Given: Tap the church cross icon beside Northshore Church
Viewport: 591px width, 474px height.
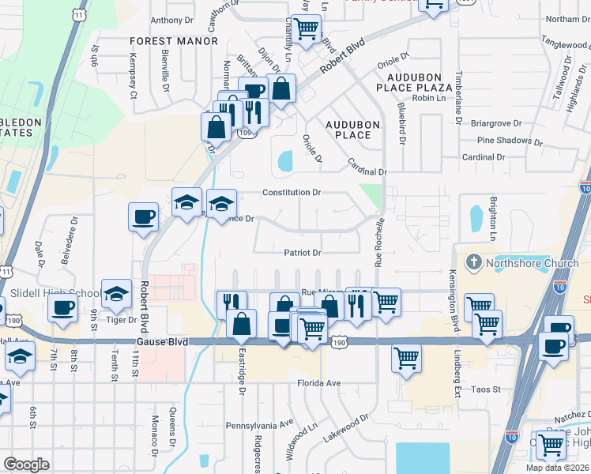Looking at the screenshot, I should tap(473, 261).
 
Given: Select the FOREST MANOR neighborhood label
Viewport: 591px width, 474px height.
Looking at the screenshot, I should tap(174, 41).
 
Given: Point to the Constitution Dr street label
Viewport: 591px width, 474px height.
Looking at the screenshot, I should tap(292, 193).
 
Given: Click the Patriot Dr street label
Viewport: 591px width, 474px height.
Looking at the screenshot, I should tap(303, 254).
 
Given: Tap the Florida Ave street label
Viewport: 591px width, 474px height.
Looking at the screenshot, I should tap(318, 383).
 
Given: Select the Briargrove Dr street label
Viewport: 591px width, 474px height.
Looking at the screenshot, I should tap(496, 122).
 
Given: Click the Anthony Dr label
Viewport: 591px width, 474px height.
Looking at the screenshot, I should tap(171, 21).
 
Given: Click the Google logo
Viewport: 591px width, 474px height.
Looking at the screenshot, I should tap(26, 464).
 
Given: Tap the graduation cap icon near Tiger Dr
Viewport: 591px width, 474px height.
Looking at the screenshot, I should tap(116, 295).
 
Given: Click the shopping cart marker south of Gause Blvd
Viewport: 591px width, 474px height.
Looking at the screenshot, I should tap(406, 358).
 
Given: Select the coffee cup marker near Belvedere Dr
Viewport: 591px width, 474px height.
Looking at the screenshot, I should tap(143, 216).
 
